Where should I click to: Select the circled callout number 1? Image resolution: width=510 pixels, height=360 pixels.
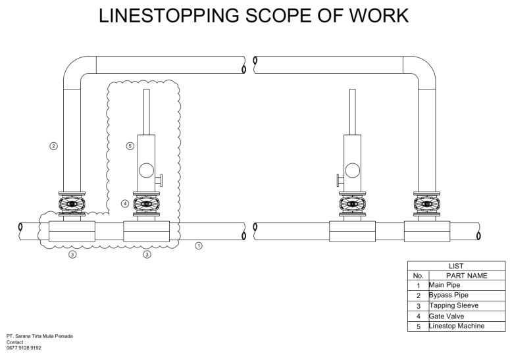click(x=199, y=246)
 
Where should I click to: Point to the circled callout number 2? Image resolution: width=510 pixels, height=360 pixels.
click(x=54, y=145)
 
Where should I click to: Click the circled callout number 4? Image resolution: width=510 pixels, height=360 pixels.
click(x=125, y=204)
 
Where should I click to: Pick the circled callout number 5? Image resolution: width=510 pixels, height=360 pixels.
click(x=130, y=145)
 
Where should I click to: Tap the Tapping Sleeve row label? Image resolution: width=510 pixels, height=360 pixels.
click(x=453, y=306)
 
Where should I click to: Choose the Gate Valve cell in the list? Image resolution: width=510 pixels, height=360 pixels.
click(x=446, y=316)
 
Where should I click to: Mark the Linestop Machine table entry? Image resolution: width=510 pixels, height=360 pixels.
click(x=457, y=326)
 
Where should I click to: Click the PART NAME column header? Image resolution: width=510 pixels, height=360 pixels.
click(x=467, y=276)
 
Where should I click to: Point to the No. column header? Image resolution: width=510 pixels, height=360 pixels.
click(x=418, y=276)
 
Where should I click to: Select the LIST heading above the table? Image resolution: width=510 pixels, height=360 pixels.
click(x=455, y=266)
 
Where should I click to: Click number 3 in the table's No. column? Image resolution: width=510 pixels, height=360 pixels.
click(x=418, y=306)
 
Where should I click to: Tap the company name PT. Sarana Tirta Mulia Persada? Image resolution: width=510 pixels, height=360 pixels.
click(x=39, y=336)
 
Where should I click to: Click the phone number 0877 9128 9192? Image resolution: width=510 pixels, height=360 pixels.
click(x=24, y=348)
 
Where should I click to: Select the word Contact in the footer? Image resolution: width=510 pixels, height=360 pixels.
click(x=15, y=342)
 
